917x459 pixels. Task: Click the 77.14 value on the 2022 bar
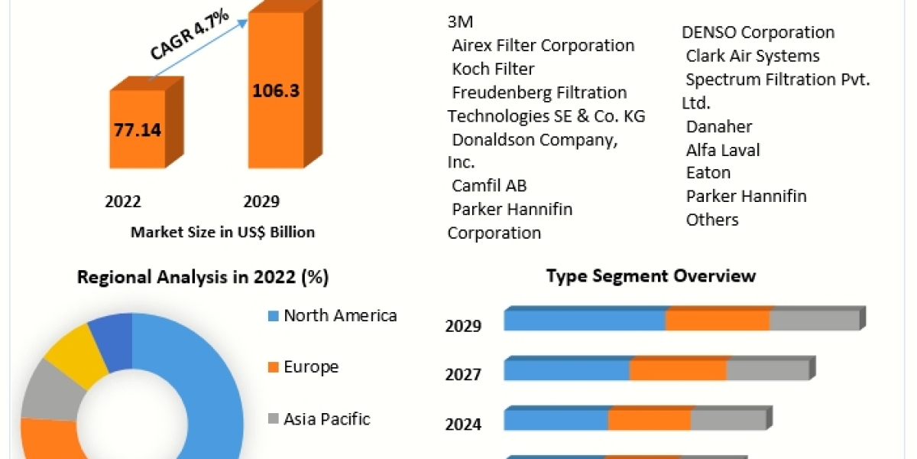click(x=138, y=130)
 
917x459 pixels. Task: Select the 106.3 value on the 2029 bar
click(x=276, y=90)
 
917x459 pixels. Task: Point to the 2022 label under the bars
click(x=123, y=202)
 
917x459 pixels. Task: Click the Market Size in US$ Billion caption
click(x=222, y=232)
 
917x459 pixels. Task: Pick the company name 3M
click(x=460, y=21)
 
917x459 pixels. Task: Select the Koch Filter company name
click(x=493, y=69)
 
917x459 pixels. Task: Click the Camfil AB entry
click(x=489, y=185)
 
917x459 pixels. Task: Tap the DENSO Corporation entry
click(x=758, y=32)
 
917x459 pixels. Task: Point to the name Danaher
click(x=719, y=126)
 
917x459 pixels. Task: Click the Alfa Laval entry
click(x=723, y=150)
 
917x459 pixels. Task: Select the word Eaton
click(x=708, y=173)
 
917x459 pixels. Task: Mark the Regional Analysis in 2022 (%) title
click(x=203, y=278)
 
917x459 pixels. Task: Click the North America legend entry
click(x=340, y=315)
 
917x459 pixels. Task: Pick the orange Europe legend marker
click(x=273, y=367)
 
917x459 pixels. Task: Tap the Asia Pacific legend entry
click(x=326, y=418)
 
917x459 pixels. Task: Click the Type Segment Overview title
click(x=651, y=275)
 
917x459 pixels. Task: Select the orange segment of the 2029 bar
click(x=718, y=320)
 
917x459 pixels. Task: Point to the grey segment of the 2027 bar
click(x=767, y=370)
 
